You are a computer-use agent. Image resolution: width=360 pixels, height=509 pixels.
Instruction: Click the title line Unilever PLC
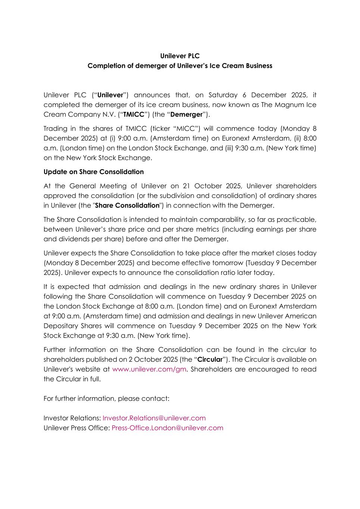pos(180,56)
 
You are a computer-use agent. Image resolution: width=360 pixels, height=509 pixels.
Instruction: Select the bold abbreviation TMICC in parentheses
pos(134,114)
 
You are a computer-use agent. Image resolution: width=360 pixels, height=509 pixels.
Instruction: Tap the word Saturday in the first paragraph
pos(223,95)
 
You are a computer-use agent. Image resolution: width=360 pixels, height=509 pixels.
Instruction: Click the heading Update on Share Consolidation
pos(93,172)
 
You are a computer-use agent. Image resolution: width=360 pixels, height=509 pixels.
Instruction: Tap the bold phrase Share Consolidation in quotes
pos(127,205)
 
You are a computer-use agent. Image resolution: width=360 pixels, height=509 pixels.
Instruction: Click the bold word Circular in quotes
pos(210,359)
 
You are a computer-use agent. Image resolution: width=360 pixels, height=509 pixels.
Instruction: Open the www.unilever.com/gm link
pos(149,369)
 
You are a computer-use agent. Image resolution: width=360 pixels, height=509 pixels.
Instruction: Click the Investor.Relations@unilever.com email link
pos(154,418)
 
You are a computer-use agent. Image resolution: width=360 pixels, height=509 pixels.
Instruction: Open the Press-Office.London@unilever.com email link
pos(167,428)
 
